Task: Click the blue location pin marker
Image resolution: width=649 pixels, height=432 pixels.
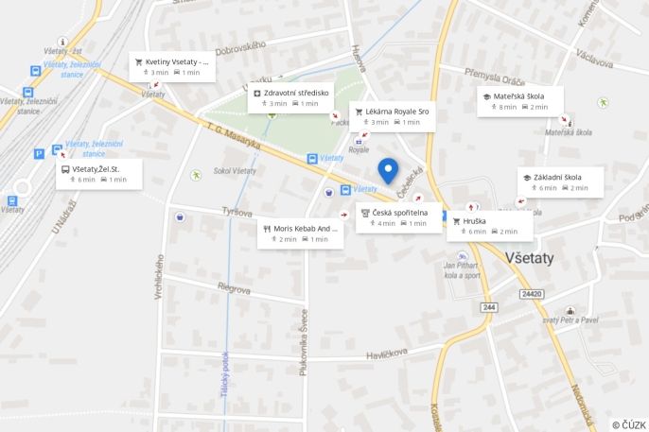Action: (388, 170)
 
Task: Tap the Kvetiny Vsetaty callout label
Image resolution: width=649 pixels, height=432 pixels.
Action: (172, 66)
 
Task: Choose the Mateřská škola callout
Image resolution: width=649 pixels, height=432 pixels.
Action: (519, 101)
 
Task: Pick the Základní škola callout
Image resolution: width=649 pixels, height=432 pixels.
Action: (560, 181)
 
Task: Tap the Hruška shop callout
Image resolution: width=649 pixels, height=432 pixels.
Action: (489, 226)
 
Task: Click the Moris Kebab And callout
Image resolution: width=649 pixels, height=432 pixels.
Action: (301, 233)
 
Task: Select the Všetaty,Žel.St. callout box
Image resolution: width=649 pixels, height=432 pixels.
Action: (99, 174)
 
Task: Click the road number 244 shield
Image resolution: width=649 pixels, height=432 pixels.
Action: (488, 308)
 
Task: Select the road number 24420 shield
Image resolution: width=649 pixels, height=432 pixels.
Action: (532, 294)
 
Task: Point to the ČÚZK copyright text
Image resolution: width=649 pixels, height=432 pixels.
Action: (629, 424)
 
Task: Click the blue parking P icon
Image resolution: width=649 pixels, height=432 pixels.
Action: (39, 153)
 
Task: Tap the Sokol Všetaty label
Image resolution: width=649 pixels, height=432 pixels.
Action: (235, 171)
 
